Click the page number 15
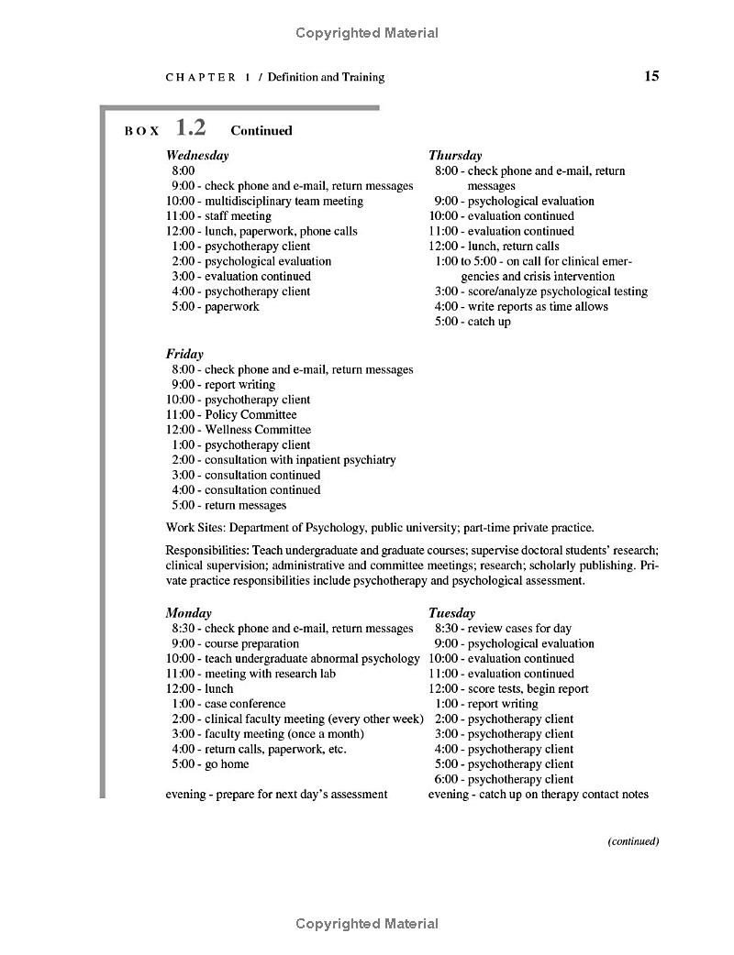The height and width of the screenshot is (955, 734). tap(651, 76)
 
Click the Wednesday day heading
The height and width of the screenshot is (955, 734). tap(197, 156)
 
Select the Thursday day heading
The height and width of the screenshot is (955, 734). tap(455, 156)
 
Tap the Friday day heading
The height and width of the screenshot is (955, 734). tap(184, 354)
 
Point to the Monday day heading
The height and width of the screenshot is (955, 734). tap(188, 613)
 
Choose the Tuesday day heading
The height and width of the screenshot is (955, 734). tap(451, 613)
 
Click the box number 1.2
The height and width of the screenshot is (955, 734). tap(191, 128)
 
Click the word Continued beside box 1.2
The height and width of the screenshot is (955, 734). tap(261, 131)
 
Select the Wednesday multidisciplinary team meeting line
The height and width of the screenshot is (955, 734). tap(264, 201)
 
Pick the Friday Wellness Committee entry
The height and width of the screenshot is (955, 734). tap(239, 430)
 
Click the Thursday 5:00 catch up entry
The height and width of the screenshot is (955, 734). tap(473, 322)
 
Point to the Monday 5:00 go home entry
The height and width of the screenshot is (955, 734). tap(210, 764)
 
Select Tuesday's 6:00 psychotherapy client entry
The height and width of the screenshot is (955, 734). tap(504, 779)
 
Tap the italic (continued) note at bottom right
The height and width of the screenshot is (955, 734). tap(633, 841)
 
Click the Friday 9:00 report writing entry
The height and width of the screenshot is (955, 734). tap(223, 385)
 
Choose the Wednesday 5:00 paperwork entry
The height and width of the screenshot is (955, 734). tap(215, 307)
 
